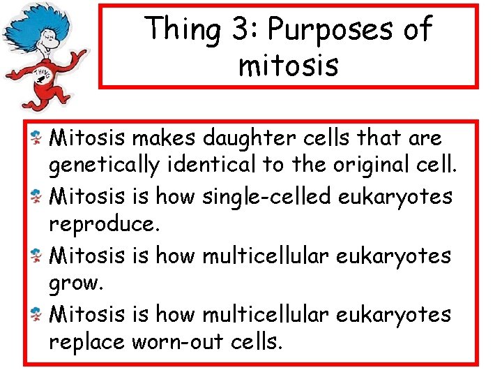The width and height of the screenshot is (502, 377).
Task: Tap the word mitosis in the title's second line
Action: pos(288,66)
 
